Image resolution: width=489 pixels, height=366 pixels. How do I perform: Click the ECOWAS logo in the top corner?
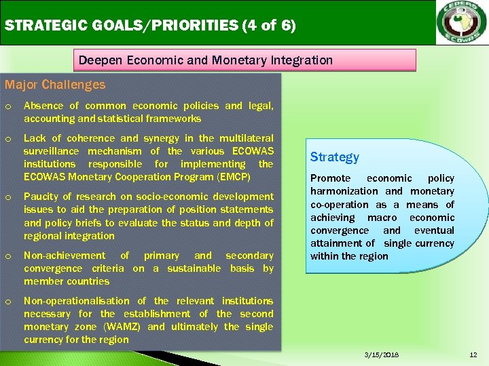461,22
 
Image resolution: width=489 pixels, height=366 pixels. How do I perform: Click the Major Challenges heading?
55,85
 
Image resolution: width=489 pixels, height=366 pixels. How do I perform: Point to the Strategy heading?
334,157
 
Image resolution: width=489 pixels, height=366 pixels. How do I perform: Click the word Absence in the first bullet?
43,106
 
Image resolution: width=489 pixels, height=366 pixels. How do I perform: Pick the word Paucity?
42,197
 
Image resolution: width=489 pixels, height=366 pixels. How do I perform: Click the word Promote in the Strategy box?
331,178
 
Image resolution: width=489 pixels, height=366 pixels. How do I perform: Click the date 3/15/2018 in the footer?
381,355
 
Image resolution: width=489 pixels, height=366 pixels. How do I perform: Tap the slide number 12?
473,355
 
